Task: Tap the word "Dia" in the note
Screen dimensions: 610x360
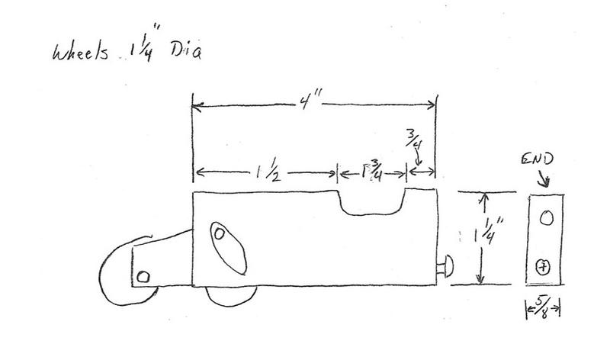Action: coord(186,50)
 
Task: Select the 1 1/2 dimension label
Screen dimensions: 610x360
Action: coord(268,172)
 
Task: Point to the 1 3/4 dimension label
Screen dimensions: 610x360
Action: coord(371,172)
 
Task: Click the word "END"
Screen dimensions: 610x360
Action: coord(537,159)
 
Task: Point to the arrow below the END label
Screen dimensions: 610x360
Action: coord(543,179)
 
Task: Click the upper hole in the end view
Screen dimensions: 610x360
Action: coord(546,218)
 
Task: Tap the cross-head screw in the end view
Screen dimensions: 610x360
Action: coord(543,267)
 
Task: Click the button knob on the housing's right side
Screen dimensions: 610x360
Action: coord(446,266)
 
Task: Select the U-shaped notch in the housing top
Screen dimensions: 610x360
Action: coord(371,203)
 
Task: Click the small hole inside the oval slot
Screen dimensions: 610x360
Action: coord(220,233)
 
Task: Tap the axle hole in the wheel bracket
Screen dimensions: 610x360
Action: coord(143,277)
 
